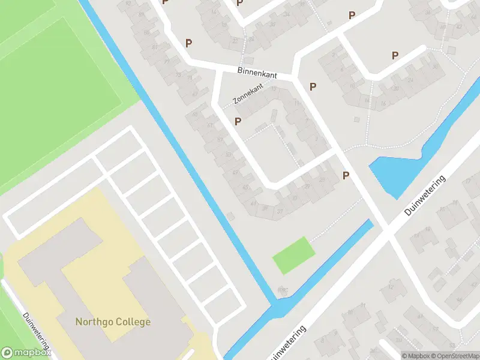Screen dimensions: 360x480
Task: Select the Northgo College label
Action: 113,322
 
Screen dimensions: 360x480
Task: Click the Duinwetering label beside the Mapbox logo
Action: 36,334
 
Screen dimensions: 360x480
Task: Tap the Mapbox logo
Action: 25,353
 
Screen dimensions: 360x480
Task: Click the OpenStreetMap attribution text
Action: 457,356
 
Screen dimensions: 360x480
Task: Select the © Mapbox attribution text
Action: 417,356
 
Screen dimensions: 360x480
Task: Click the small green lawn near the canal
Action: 293,256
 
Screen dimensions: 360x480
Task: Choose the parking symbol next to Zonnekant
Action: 238,122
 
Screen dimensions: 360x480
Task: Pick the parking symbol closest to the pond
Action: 346,175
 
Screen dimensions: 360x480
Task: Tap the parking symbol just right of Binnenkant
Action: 313,87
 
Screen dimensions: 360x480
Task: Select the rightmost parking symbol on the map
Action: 395,56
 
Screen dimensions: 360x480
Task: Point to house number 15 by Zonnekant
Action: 274,90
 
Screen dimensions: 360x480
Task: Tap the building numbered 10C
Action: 283,291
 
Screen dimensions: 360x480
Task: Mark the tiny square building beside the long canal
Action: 231,216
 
